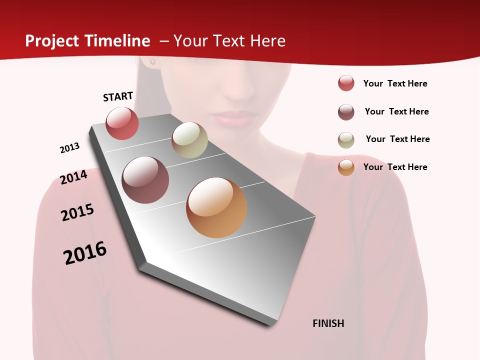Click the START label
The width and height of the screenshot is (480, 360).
coord(118,96)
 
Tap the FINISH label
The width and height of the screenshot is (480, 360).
coord(328,323)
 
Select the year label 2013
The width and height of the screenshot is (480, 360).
coord(69,148)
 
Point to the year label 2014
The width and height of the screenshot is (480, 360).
coord(73,177)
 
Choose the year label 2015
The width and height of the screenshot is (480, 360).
coord(77,212)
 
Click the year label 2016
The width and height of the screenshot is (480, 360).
coord(85,253)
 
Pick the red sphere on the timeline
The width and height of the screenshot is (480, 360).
coord(122,123)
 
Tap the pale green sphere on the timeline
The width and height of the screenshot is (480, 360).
coord(189,140)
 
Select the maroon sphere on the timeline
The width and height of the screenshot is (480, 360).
coord(145,180)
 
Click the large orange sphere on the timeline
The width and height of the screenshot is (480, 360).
coord(216,207)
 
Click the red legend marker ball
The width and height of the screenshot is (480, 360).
coord(346,83)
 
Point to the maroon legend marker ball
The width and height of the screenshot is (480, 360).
coord(346,112)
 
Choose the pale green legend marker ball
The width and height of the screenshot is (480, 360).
coord(346,140)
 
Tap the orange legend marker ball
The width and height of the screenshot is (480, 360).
coord(346,167)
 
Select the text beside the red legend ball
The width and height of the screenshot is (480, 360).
coord(395,83)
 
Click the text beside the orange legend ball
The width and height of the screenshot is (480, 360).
coord(395,167)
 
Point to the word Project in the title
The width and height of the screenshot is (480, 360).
coord(51,41)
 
